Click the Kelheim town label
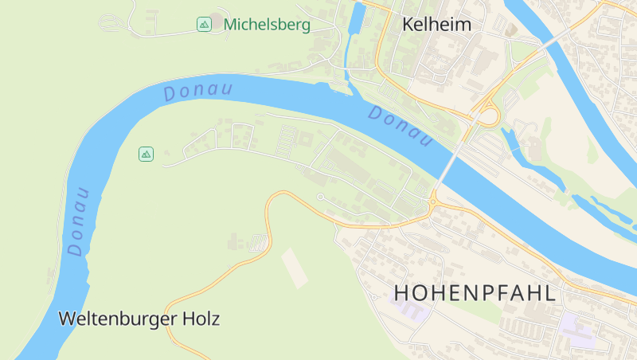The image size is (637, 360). [x=436, y=25]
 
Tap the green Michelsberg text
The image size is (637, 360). [x=266, y=25]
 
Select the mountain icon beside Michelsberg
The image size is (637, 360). [x=204, y=25]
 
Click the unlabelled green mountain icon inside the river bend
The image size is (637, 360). [x=146, y=154]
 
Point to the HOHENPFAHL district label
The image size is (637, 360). [x=475, y=293]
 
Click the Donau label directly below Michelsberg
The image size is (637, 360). [x=197, y=91]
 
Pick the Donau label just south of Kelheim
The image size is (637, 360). [x=401, y=127]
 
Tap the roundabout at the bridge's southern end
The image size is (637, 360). [x=432, y=202]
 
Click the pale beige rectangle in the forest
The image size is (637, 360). [x=294, y=268]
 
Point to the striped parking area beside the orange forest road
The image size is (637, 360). [x=257, y=244]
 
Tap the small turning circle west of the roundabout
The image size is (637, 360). [x=320, y=197]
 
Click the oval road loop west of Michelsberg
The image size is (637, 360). [x=114, y=24]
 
